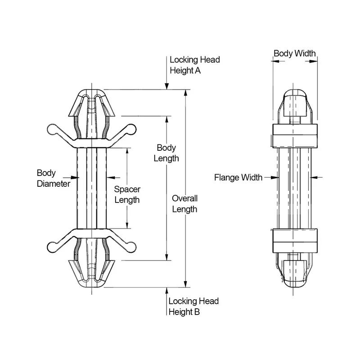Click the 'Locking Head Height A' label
194,65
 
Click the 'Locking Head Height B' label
193,306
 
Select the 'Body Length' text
166,153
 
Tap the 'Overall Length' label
184,203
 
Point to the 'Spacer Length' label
127,195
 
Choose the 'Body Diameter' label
53,178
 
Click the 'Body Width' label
295,53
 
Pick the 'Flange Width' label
238,177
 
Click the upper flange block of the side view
295,135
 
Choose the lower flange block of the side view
295,241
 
